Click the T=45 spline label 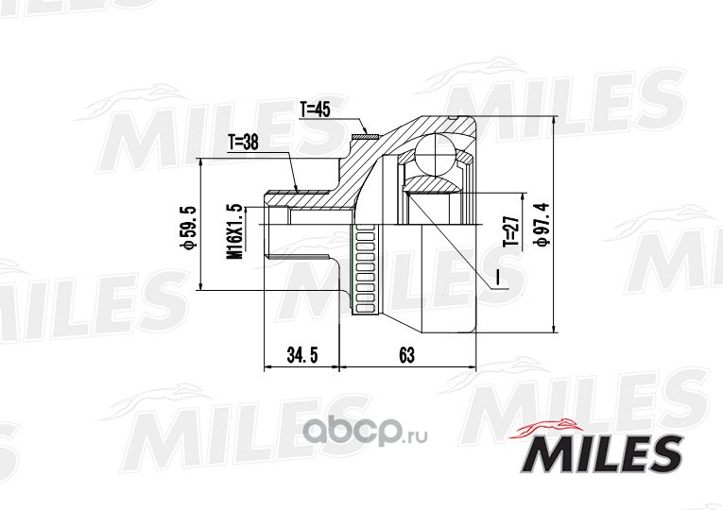coord(316,110)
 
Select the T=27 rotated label coord(512,231)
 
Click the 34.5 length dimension coord(302,355)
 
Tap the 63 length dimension coord(406,355)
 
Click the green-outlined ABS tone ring coord(365,270)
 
